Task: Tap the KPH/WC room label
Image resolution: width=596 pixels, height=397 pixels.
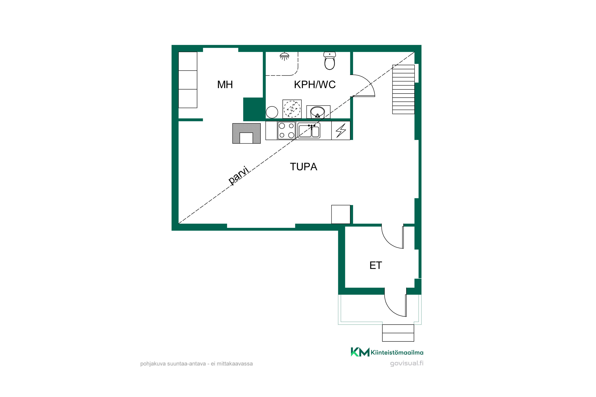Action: coord(315,85)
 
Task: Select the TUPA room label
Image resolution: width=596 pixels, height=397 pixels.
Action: coord(303,167)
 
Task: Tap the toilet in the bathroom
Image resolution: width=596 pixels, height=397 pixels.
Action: coord(329,61)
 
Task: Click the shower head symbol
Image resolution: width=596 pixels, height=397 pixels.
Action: coord(284,56)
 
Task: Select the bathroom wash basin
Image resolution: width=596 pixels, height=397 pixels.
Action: coord(318,112)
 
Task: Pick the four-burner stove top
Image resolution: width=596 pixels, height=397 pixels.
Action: coord(286,130)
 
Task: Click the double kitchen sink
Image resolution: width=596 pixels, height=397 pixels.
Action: coord(309,130)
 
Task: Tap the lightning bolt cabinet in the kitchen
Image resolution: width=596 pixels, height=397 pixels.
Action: coord(341,130)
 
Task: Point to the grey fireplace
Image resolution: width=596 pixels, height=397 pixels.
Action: coord(246,133)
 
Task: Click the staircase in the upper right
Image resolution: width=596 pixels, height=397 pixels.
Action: coord(403,89)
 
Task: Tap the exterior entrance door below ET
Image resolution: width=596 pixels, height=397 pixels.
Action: coord(395,303)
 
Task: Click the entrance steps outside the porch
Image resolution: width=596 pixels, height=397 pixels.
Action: coord(398,333)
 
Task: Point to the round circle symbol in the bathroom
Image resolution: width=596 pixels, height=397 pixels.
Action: coord(272,112)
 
